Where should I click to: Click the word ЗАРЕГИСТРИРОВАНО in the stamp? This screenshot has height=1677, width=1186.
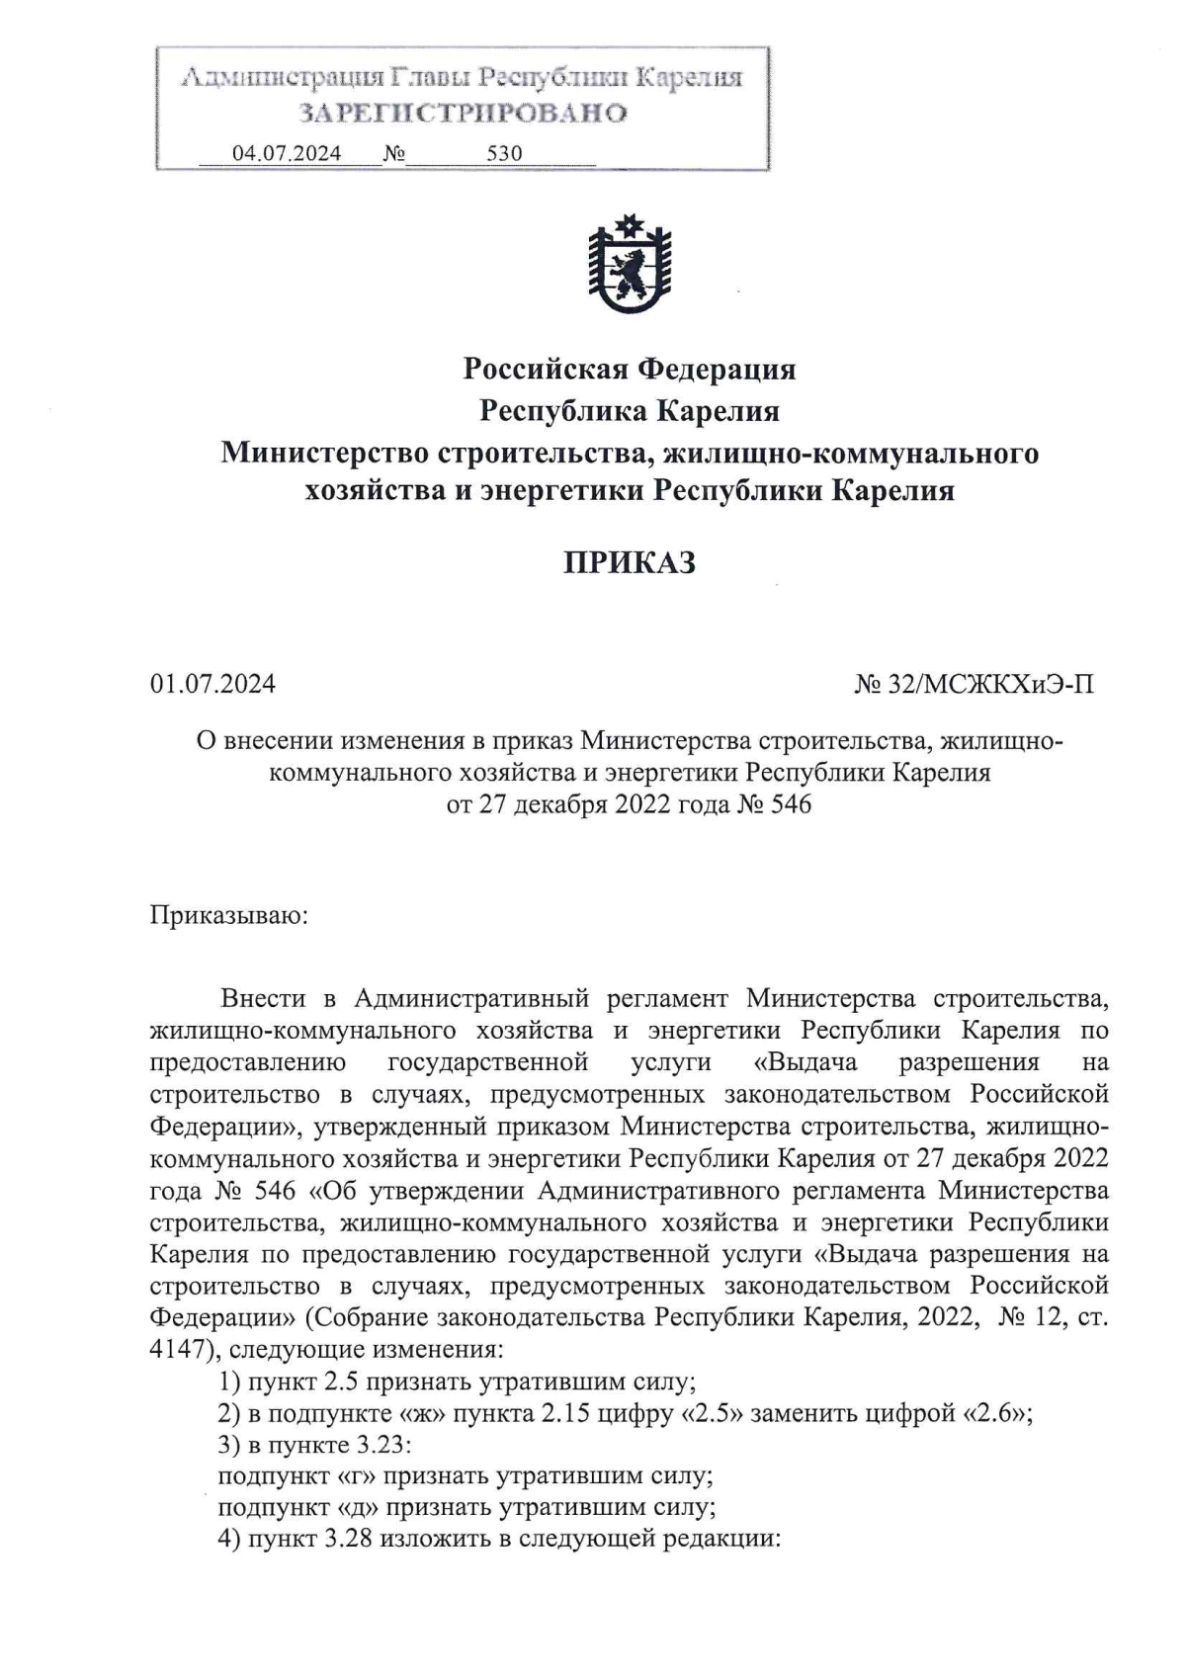pyautogui.click(x=463, y=113)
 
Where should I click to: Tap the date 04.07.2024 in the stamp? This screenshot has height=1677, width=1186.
pyautogui.click(x=287, y=153)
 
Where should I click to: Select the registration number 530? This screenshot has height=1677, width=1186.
pyautogui.click(x=504, y=153)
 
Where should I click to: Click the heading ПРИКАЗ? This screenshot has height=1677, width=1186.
pyautogui.click(x=630, y=562)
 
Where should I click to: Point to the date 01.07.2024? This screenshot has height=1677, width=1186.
pyautogui.click(x=212, y=683)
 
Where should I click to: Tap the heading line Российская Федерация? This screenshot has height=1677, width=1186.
pyautogui.click(x=630, y=369)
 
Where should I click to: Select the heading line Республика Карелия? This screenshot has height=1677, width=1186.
pyautogui.click(x=630, y=410)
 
